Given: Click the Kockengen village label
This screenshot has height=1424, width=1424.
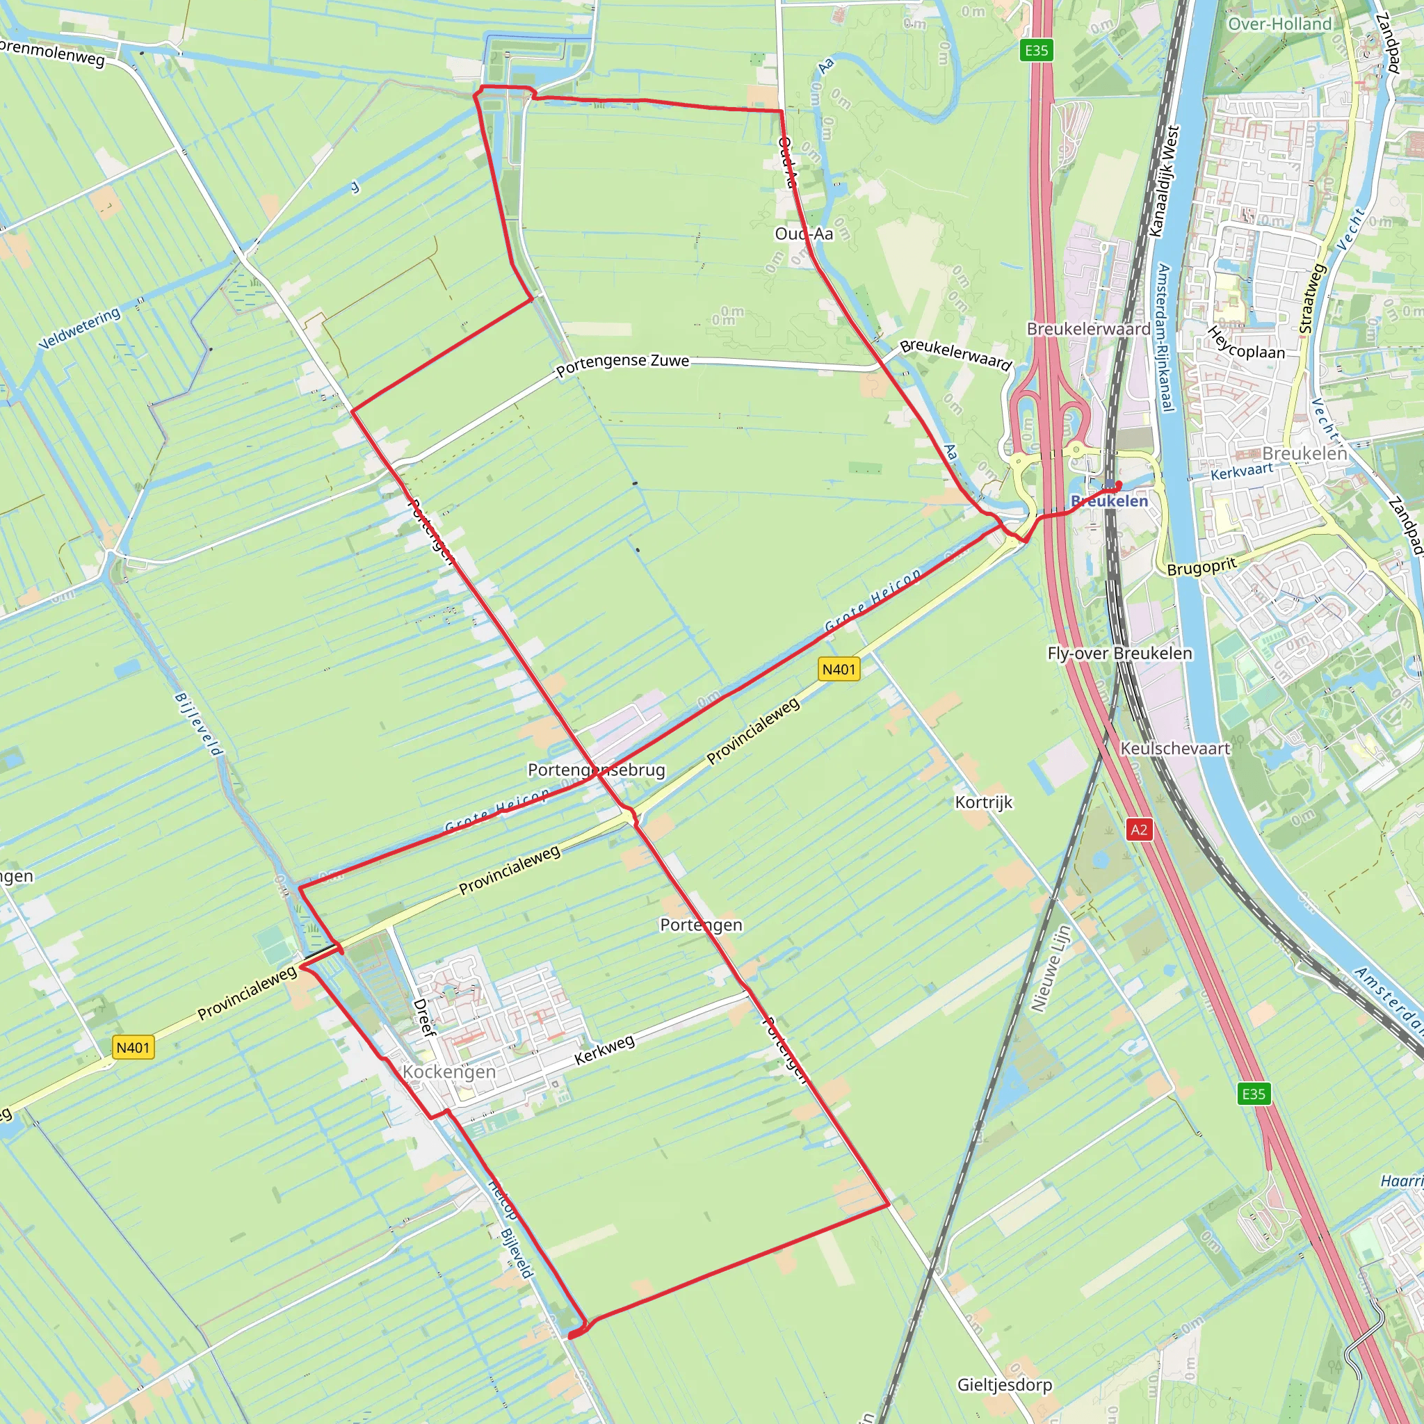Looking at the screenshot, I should [449, 1071].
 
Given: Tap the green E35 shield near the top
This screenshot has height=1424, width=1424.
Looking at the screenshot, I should [1036, 51].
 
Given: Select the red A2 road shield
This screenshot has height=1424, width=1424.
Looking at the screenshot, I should [1139, 830].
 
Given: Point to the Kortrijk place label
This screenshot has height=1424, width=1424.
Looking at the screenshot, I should [983, 802].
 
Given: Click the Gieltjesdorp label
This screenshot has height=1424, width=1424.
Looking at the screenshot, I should [1004, 1385].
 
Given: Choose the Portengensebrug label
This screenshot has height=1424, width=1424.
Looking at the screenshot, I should [597, 770].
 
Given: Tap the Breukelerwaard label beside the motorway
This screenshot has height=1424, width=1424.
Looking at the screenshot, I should [1088, 329].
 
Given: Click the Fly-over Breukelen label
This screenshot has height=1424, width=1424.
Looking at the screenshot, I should [1119, 653].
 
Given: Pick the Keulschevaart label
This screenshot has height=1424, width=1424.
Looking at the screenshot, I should [1175, 748].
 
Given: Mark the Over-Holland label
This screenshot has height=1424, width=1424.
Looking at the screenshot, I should [1279, 24].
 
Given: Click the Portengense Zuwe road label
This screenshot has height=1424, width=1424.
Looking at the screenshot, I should [622, 364].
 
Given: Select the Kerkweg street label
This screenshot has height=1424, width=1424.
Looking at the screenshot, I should [604, 1049].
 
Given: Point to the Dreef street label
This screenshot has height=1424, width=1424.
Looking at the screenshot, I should [424, 1017].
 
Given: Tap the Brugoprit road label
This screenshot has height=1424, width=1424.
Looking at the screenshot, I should [1201, 566].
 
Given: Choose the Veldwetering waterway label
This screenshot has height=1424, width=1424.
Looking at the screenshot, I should [79, 329].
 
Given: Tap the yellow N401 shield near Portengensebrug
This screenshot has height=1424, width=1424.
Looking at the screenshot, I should [839, 670].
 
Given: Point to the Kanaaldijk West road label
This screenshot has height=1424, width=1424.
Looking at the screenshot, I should [1165, 181].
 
